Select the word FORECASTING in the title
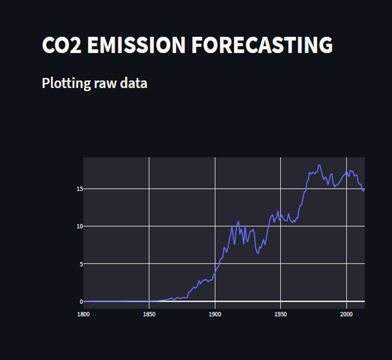pyautogui.click(x=262, y=45)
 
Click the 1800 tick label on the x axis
pyautogui.click(x=83, y=314)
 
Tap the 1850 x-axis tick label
pyautogui.click(x=149, y=314)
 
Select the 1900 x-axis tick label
pyautogui.click(x=215, y=314)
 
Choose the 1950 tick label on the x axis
pyautogui.click(x=281, y=314)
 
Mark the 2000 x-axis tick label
pyautogui.click(x=346, y=314)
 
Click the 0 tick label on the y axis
pyautogui.click(x=80, y=301)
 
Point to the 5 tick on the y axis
pyautogui.click(x=80, y=264)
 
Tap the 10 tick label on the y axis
pyautogui.click(x=79, y=226)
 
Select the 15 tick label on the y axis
pyautogui.click(x=79, y=189)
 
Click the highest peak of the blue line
pyautogui.click(x=319, y=164)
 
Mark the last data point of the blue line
pyautogui.click(x=364, y=189)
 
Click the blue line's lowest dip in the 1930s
pyautogui.click(x=258, y=253)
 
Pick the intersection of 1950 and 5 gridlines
pyautogui.click(x=281, y=263)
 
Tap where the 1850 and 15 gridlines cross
pyautogui.click(x=149, y=189)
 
